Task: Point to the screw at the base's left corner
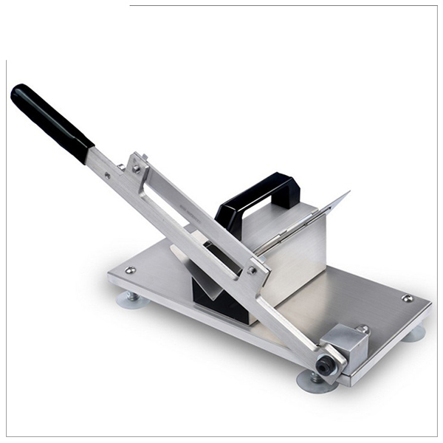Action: tap(130, 270)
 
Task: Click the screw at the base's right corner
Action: tap(407, 298)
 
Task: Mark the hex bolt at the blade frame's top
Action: tap(137, 168)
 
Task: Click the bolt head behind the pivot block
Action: tap(363, 329)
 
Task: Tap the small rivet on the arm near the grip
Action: tap(108, 176)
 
